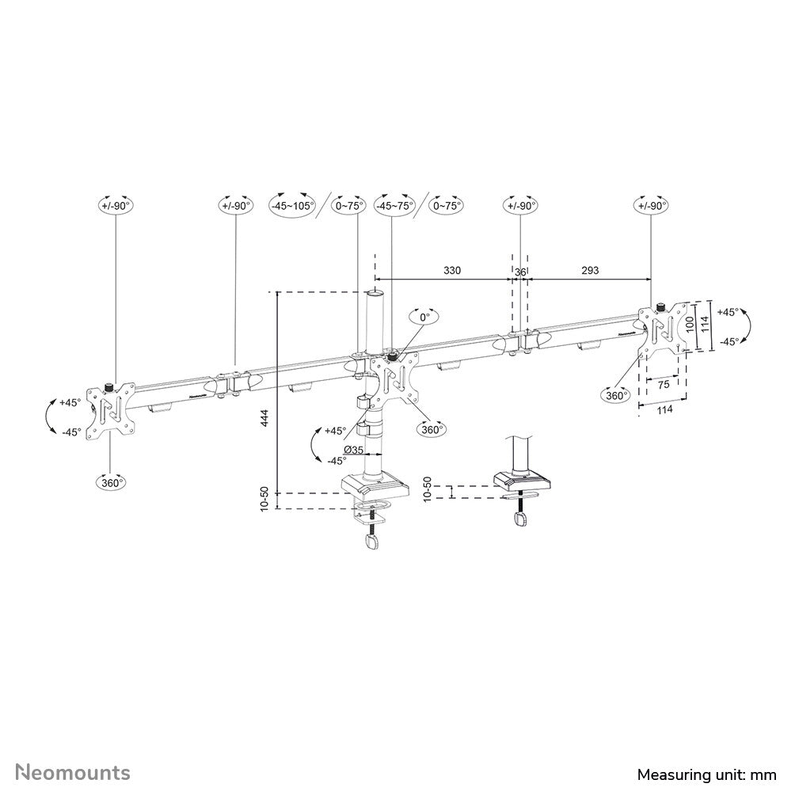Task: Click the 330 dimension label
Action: click(451, 270)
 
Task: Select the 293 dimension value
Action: click(590, 270)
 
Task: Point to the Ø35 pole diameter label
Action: click(353, 450)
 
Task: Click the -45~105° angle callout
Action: click(292, 205)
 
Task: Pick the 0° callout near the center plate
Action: click(424, 317)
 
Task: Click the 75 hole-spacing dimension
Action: click(663, 382)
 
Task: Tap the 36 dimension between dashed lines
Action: click(519, 271)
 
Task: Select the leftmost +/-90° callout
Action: click(116, 205)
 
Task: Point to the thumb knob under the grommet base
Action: click(520, 519)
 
